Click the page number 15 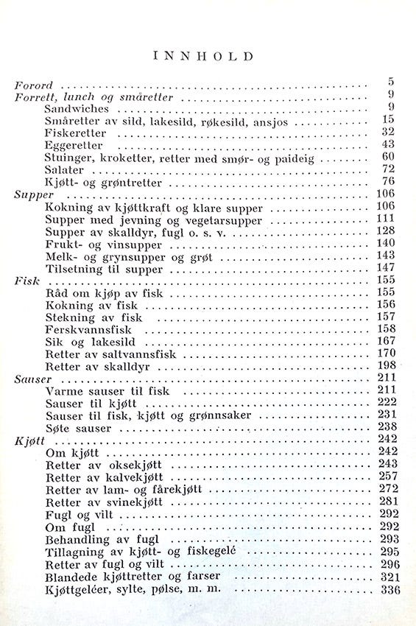tap(389, 119)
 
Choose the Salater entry tap(65, 169)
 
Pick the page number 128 tap(386, 232)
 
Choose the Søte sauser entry tap(78, 427)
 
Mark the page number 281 tap(386, 501)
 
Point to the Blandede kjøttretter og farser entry tap(130, 576)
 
